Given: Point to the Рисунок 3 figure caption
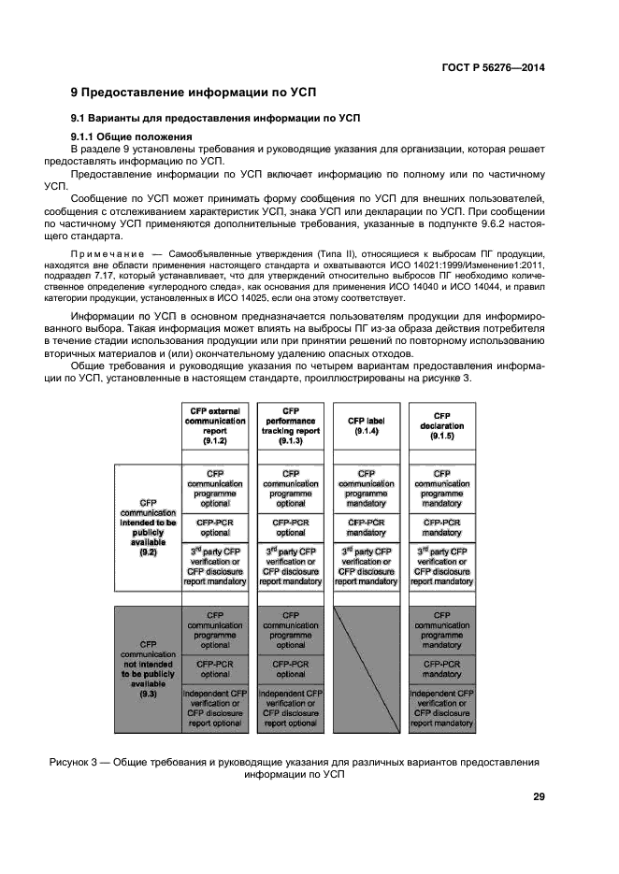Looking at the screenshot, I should [295, 767].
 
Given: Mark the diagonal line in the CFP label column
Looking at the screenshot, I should [366, 668].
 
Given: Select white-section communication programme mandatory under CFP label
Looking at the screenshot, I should [366, 488].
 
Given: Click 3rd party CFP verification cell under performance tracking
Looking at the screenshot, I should [291, 566].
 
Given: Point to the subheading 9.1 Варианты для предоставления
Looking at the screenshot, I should [216, 118].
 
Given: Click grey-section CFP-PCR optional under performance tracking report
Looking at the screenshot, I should [291, 668].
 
